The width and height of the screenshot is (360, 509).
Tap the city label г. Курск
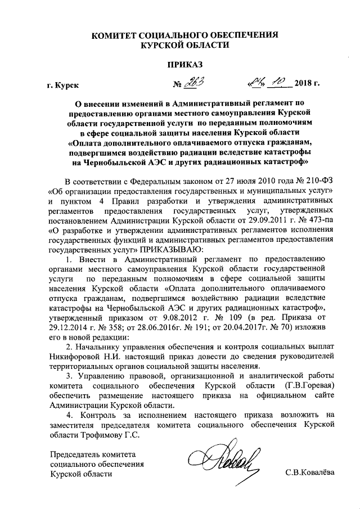coord(63,85)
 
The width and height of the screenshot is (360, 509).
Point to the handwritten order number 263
coord(195,83)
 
